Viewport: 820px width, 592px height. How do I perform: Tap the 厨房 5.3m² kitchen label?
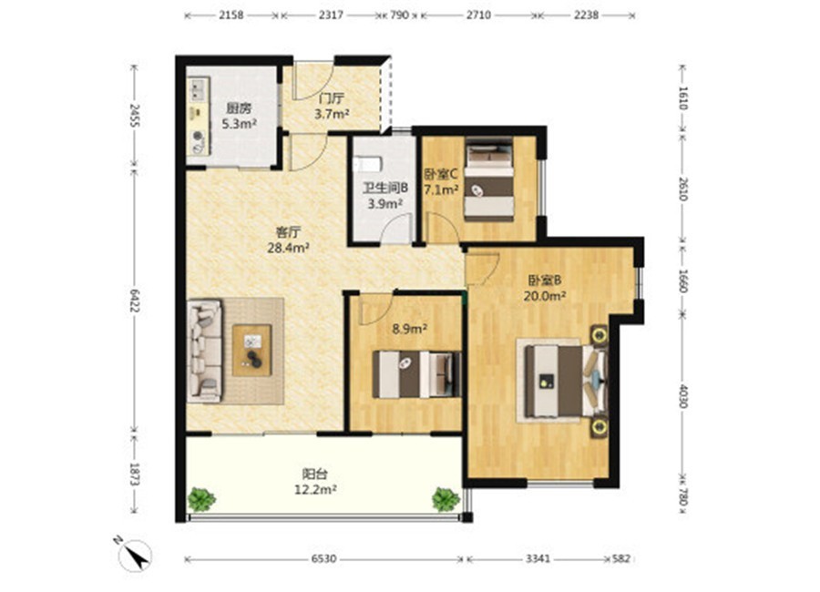click(x=239, y=116)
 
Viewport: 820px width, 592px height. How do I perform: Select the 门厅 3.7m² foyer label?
click(x=332, y=106)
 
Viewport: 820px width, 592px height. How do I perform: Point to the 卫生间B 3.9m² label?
click(x=385, y=196)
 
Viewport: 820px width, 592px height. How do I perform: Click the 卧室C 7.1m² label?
click(x=441, y=181)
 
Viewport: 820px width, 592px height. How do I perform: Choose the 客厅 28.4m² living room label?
click(x=288, y=240)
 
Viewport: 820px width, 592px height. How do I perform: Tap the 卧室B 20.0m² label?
click(x=545, y=288)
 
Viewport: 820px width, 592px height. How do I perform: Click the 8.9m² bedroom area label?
click(x=410, y=329)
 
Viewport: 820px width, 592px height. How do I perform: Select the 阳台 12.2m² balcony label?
click(x=315, y=482)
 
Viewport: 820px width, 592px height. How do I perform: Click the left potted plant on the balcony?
click(x=201, y=499)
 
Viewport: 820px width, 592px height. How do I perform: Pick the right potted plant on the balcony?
click(x=446, y=499)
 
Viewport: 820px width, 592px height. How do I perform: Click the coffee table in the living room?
click(x=252, y=350)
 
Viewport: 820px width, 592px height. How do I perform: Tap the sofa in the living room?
click(x=204, y=351)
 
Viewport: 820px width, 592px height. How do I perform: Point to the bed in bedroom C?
click(x=489, y=179)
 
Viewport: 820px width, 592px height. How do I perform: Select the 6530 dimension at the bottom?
click(x=323, y=559)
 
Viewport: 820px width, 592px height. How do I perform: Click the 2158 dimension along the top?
click(x=231, y=15)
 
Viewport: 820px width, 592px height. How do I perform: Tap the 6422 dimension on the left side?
click(x=135, y=301)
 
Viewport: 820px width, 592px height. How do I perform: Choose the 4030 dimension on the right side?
click(x=682, y=396)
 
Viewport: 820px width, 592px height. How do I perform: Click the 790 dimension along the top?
click(x=399, y=15)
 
